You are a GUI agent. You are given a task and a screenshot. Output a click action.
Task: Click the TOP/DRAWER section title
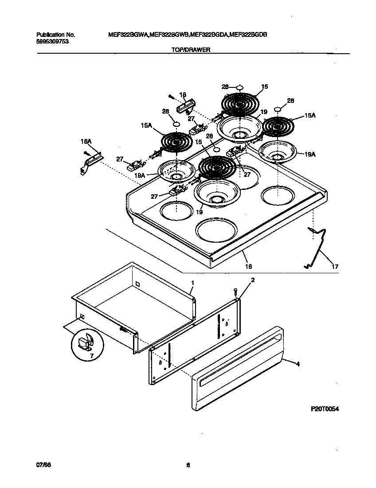coord(190,50)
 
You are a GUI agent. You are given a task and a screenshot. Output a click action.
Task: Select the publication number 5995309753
coord(52,41)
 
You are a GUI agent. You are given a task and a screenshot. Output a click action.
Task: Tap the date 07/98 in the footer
coord(42,465)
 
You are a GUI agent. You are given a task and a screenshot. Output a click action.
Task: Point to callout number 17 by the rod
coord(335,266)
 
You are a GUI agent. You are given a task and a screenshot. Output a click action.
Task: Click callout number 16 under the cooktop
coord(249,266)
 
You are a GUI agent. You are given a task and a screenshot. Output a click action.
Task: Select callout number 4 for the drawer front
coord(298,364)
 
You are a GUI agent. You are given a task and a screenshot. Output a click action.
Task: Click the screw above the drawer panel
coord(235,291)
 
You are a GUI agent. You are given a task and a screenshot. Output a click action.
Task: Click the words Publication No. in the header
coord(55,35)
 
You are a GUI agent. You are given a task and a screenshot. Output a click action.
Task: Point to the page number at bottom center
coord(188,465)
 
